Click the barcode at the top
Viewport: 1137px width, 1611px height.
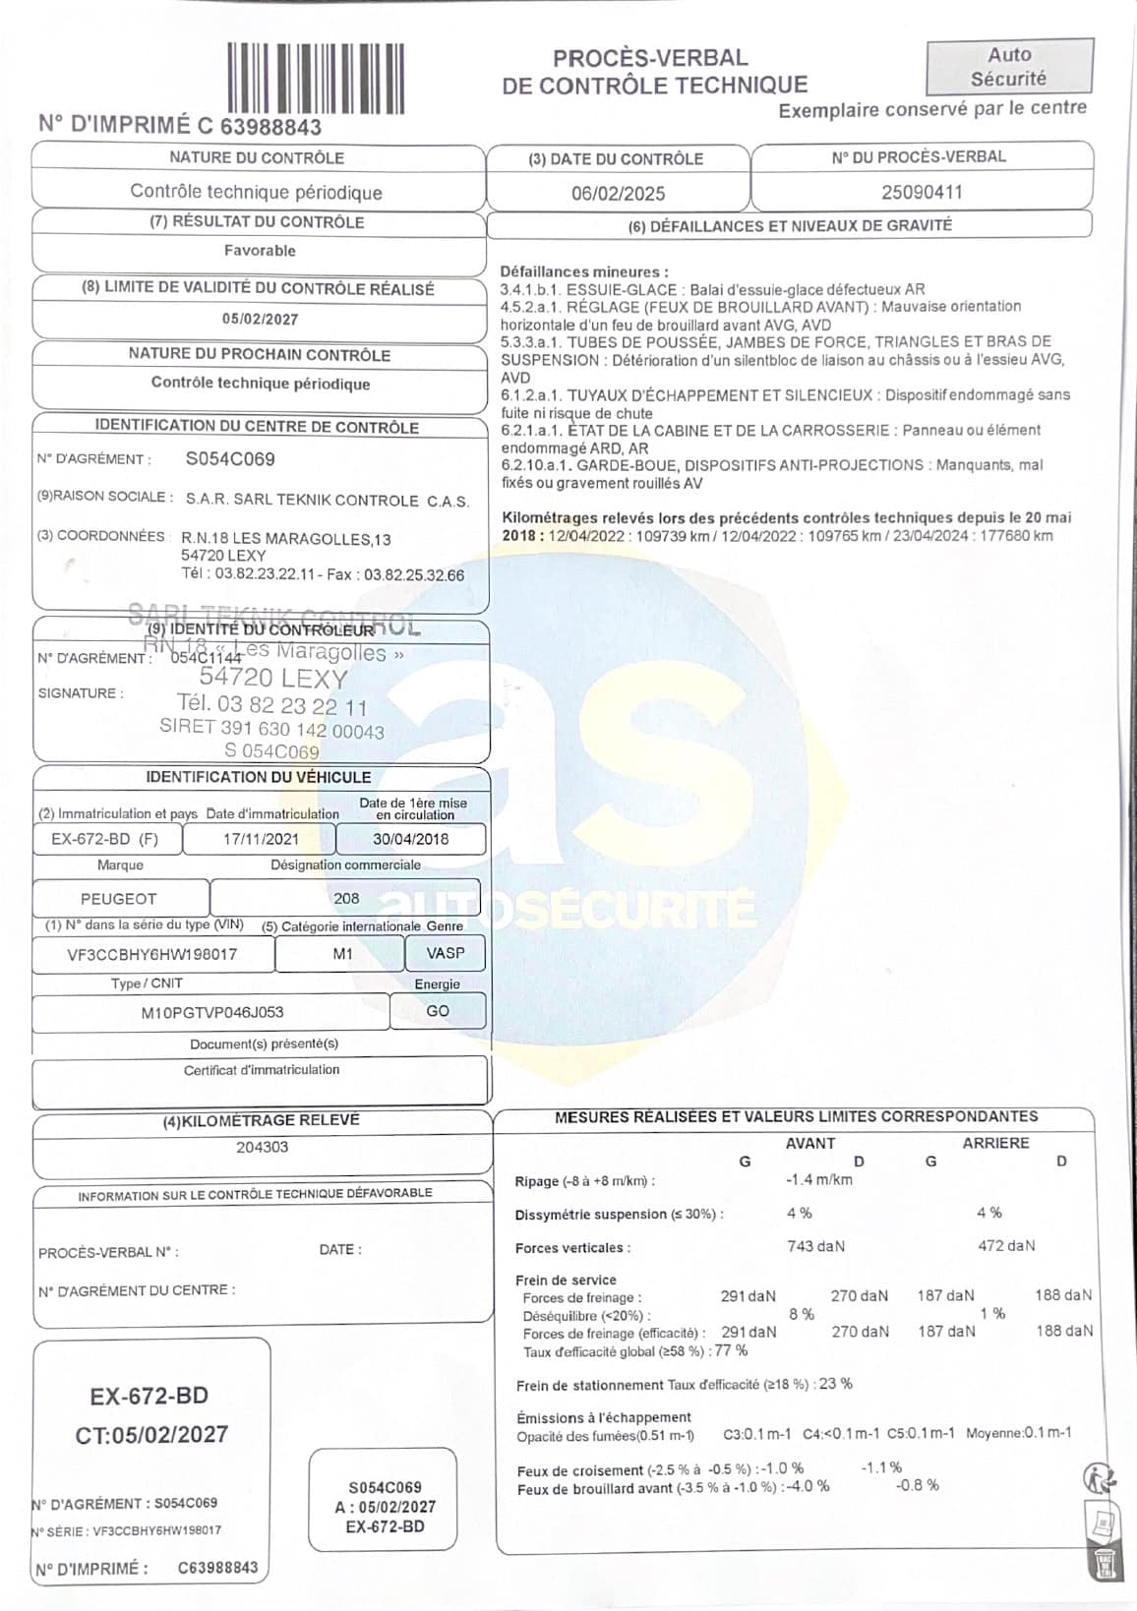[x=316, y=78]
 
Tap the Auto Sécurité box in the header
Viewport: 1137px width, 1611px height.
[x=1009, y=67]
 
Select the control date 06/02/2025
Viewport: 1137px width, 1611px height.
[x=618, y=194]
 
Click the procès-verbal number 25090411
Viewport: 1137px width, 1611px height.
[x=922, y=192]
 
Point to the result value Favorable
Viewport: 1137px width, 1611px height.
[x=260, y=251]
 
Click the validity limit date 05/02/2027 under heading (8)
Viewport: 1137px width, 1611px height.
[x=260, y=319]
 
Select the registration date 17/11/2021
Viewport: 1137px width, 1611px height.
[x=261, y=839]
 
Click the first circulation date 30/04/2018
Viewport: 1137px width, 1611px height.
[x=410, y=839]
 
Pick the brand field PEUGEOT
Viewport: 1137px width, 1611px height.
[x=119, y=898]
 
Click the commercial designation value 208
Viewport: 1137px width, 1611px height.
[x=346, y=898]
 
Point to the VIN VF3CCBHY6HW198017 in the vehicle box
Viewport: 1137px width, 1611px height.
[x=151, y=954]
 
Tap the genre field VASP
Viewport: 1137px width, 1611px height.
[x=446, y=953]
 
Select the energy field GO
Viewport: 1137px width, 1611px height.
[x=438, y=1011]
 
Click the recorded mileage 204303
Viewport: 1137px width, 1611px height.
[x=262, y=1147]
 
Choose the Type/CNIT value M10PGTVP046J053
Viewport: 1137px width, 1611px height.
[x=212, y=1012]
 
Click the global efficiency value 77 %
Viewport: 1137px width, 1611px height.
[x=731, y=1350]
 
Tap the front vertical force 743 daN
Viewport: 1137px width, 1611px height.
[x=815, y=1246]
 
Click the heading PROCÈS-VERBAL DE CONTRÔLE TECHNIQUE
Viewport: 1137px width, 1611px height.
[x=654, y=72]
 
